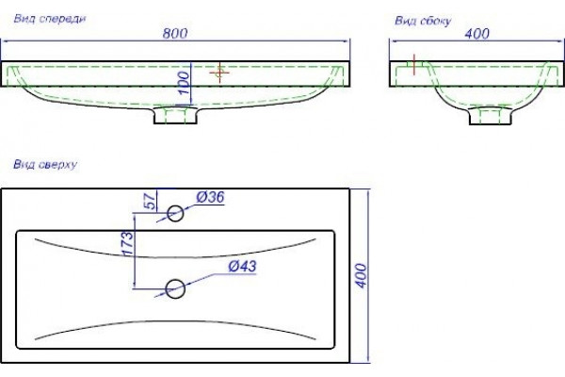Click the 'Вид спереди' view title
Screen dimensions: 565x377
[x=50, y=19]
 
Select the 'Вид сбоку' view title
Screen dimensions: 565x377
[x=423, y=21]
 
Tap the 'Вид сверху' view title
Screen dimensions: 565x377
[x=45, y=165]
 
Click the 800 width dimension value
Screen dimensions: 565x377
[x=175, y=33]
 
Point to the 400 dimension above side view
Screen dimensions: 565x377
[x=476, y=34]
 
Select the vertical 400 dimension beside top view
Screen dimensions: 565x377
[x=361, y=275]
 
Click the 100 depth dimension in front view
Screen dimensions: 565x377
[x=184, y=83]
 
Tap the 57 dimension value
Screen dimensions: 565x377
[x=151, y=201]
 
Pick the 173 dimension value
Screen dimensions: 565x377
[x=127, y=244]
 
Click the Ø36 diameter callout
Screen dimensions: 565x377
[x=210, y=197]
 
